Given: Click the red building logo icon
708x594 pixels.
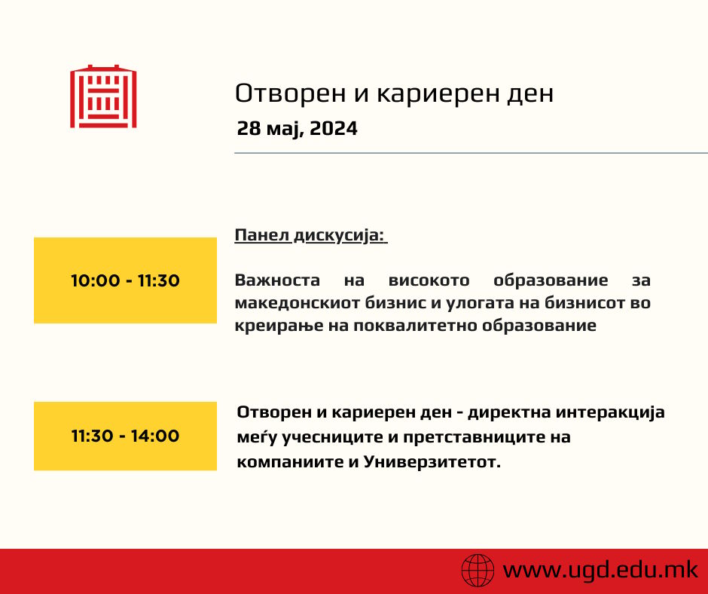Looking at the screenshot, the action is (x=103, y=96).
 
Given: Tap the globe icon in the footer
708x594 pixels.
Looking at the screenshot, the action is (x=478, y=570).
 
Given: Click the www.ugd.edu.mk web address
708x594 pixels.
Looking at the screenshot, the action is (x=600, y=569).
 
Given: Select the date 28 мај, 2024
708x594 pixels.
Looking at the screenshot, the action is (x=297, y=129).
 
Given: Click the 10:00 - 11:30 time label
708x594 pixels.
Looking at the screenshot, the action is (x=126, y=280).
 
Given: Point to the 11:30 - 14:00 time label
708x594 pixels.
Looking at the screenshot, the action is (x=126, y=436).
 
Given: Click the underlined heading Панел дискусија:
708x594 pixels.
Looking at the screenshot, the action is (x=310, y=235).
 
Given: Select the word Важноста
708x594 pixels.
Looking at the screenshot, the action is (x=277, y=280).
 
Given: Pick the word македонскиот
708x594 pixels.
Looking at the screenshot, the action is (x=297, y=303).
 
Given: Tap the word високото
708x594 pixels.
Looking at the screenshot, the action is (x=429, y=280).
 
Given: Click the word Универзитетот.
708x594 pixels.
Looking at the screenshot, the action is (x=432, y=462).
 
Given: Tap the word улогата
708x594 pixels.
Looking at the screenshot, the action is (x=480, y=303).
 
